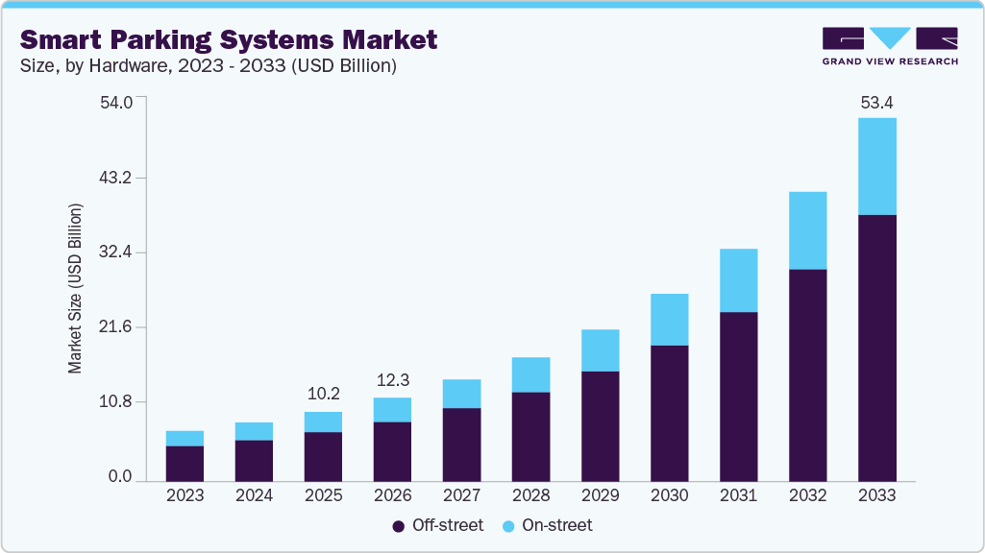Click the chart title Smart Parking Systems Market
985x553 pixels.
pyautogui.click(x=229, y=39)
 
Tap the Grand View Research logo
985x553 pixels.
pyautogui.click(x=889, y=45)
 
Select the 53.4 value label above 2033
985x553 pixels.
pyautogui.click(x=876, y=103)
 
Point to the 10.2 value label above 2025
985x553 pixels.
pyautogui.click(x=323, y=394)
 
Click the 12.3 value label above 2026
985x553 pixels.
pyautogui.click(x=392, y=379)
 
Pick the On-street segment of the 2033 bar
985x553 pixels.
pyautogui.click(x=876, y=166)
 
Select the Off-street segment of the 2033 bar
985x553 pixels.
pyautogui.click(x=876, y=348)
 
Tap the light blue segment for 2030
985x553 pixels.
pyautogui.click(x=669, y=320)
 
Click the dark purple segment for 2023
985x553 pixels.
pyautogui.click(x=185, y=463)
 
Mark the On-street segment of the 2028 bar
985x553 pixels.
pyautogui.click(x=530, y=374)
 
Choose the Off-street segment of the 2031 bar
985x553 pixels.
pyautogui.click(x=738, y=396)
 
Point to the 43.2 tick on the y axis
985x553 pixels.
pyautogui.click(x=118, y=178)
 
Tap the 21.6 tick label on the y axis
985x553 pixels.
pyautogui.click(x=118, y=327)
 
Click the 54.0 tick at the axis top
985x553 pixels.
pyautogui.click(x=118, y=103)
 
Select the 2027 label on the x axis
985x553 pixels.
pyautogui.click(x=461, y=495)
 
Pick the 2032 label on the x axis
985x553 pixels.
pyautogui.click(x=807, y=495)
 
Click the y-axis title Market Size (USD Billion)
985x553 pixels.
pyautogui.click(x=75, y=289)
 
